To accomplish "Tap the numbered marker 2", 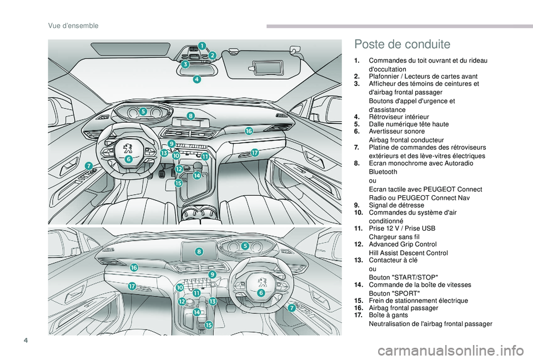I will click(x=212, y=55).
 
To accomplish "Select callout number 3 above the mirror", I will click(x=185, y=64).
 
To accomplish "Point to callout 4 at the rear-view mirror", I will click(x=197, y=80).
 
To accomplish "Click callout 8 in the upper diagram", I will click(x=190, y=116).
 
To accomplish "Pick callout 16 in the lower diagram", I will click(x=134, y=267).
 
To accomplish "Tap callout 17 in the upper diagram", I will click(x=254, y=152).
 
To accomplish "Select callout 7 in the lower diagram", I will click(x=291, y=307).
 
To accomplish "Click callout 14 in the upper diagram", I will click(x=197, y=175).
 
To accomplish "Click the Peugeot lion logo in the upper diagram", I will click(x=128, y=148).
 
